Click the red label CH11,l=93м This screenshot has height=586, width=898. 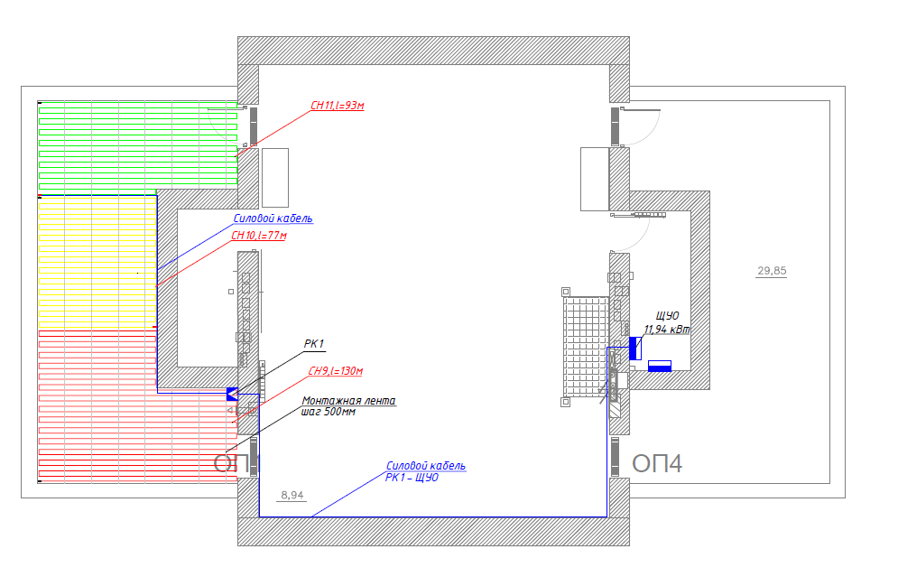coord(337,107)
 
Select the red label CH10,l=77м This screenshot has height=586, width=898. coord(258,237)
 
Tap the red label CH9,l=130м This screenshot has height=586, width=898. coord(336,372)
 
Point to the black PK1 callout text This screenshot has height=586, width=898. coord(313,344)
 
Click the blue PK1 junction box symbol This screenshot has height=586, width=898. coord(231,394)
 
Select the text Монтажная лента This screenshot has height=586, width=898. coord(348,401)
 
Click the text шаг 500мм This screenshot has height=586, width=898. coord(328,412)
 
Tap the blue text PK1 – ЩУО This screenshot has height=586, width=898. coord(412,478)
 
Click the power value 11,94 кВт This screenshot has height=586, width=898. coord(666,330)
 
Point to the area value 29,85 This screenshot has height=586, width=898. coord(771,271)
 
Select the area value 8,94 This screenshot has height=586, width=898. coord(292,496)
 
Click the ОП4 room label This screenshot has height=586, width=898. coord(657,464)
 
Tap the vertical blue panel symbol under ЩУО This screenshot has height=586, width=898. coord(634,348)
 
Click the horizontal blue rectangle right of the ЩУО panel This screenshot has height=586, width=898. coord(660,366)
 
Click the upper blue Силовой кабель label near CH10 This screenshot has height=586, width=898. coord(273,219)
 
